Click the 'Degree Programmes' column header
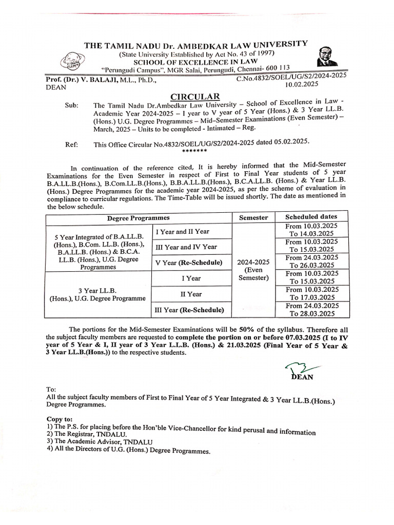pos(138,218)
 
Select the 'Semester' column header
pos(253,217)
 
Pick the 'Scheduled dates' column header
pos(311,216)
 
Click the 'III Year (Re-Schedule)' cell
pos(189,310)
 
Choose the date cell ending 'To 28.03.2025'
pos(311,309)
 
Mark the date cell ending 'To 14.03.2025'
pos(311,230)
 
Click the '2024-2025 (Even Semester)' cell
pos(253,269)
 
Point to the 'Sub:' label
pos(72,106)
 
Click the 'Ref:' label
pos(71,145)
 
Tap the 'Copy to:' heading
pos(60,419)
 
